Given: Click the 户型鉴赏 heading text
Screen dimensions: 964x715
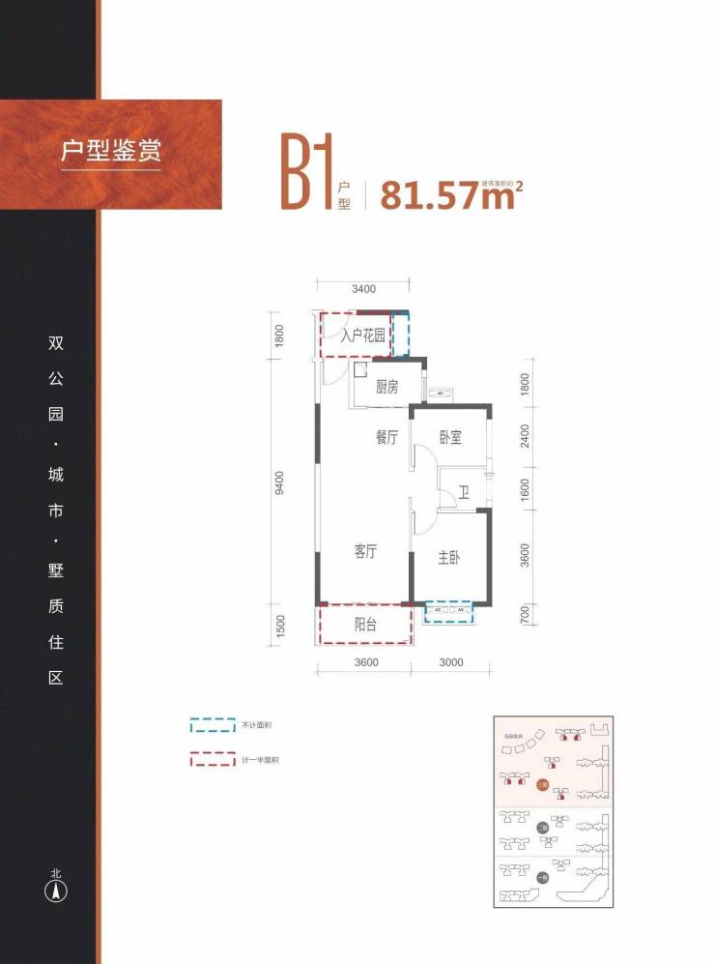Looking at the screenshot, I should click(x=110, y=152).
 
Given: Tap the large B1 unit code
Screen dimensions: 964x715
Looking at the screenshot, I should click(x=306, y=174).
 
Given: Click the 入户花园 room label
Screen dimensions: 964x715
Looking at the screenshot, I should click(x=363, y=336).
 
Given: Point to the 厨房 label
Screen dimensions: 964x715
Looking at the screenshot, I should click(x=386, y=388).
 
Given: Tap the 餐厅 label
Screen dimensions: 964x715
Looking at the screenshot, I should click(x=386, y=438).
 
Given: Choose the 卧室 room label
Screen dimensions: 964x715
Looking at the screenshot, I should click(x=449, y=438).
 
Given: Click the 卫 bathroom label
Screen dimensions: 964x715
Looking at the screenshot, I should click(x=464, y=493).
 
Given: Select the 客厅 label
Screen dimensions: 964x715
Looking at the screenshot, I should click(x=364, y=552).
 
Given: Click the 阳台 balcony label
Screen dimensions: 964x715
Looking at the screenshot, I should click(x=364, y=625).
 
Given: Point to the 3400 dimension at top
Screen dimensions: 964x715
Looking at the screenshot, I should click(x=363, y=288).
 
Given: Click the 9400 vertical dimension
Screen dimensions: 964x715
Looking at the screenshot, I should click(x=279, y=483).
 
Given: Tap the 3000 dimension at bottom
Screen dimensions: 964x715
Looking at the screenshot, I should click(x=451, y=663).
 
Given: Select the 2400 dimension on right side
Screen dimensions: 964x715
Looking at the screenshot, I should click(x=526, y=437).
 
